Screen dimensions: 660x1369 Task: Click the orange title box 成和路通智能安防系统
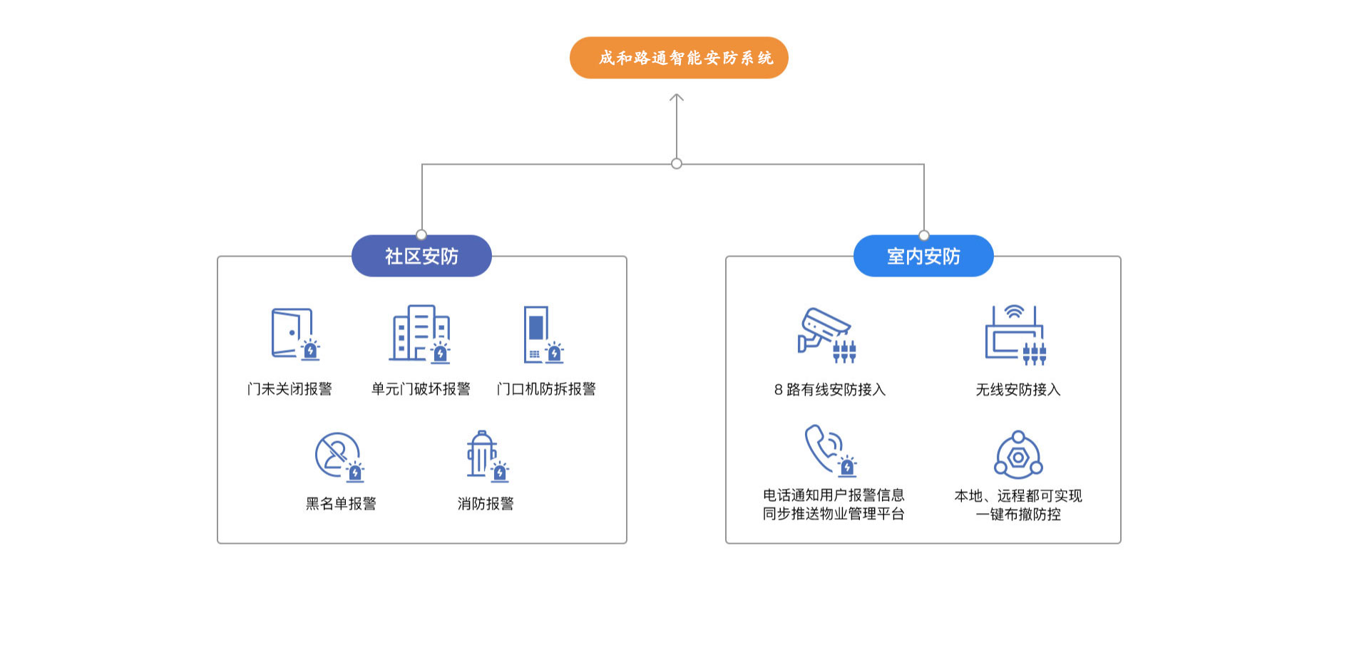click(679, 58)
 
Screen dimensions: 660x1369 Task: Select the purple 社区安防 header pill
click(421, 256)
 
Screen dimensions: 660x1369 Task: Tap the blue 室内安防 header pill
click(923, 256)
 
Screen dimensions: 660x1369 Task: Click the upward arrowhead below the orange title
click(677, 98)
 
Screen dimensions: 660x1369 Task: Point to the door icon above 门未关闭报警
click(294, 334)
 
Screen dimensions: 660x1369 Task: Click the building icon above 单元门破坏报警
click(420, 334)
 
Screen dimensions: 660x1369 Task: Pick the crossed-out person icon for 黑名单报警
click(338, 455)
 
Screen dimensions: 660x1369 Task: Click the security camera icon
click(826, 334)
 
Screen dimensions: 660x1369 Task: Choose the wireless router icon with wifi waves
click(1015, 334)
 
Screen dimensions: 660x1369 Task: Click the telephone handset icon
click(827, 450)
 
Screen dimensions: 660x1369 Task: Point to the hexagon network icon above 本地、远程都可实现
click(1018, 455)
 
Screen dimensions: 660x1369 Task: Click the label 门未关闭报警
click(289, 389)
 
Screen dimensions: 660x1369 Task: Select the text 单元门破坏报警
click(421, 389)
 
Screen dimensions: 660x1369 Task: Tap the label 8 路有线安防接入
click(830, 390)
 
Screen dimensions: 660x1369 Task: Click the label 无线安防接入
click(1018, 390)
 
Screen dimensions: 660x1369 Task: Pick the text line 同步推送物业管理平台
click(834, 514)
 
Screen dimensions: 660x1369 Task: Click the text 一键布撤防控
click(1018, 515)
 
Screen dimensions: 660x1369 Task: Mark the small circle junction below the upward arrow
click(677, 164)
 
